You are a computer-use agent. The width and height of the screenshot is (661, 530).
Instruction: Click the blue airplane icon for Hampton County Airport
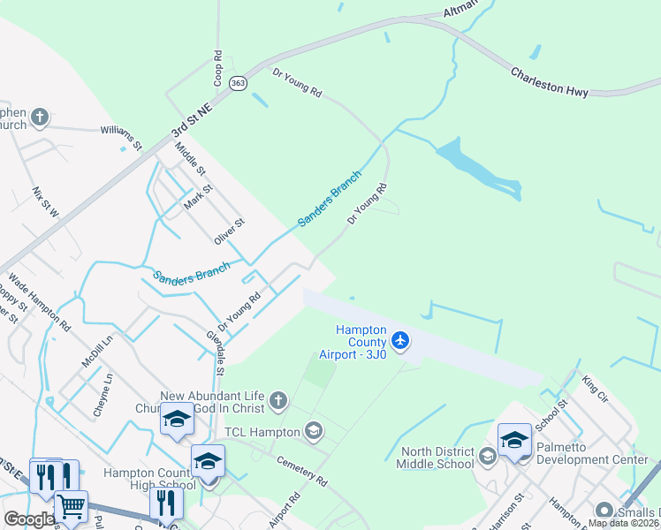pos(400,340)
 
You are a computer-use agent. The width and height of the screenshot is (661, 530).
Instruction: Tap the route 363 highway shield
pos(237,83)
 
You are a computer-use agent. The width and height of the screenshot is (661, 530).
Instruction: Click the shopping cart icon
pos(72,507)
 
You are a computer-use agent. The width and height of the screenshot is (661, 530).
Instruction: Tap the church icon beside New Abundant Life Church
pos(277,402)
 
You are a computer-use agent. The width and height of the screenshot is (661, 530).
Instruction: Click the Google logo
pos(29,519)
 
